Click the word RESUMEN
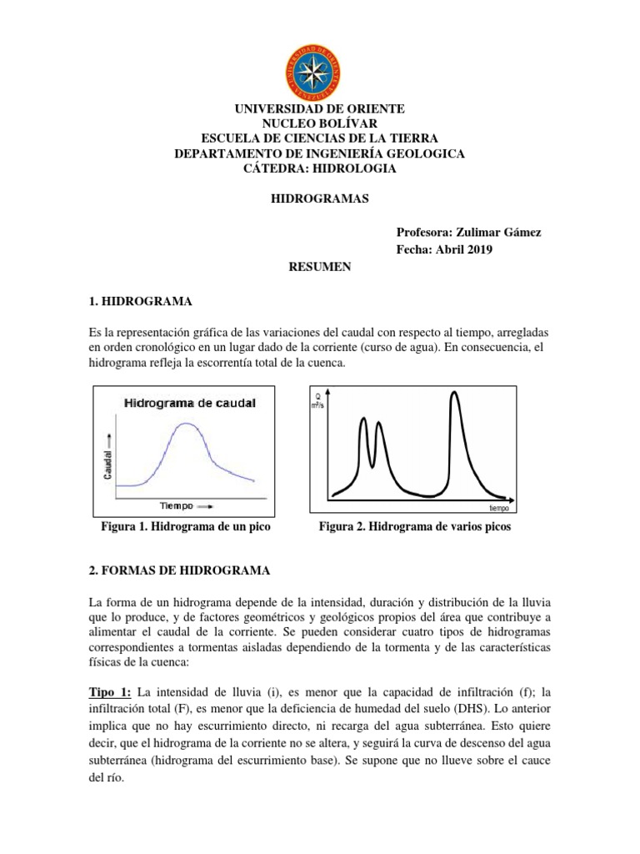click(x=320, y=268)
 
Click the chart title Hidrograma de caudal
click(x=190, y=403)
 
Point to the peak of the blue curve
click(x=188, y=424)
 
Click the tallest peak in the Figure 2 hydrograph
click(x=455, y=394)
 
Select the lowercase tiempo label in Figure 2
click(x=498, y=507)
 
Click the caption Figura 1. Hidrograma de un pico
click(x=186, y=528)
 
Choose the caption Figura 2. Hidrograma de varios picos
click(x=415, y=528)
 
